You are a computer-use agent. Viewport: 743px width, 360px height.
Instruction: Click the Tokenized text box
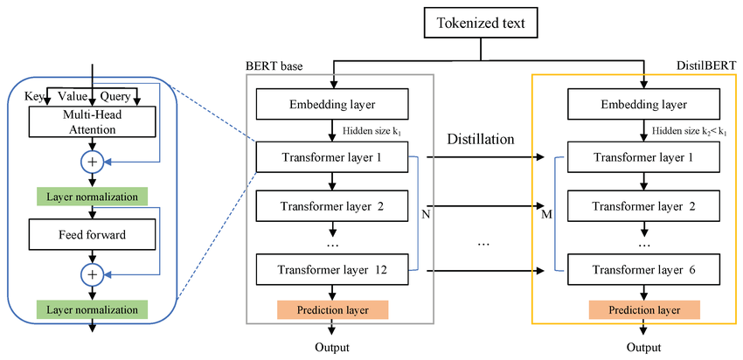(x=481, y=24)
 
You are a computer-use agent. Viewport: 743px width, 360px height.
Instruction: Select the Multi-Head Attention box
(x=93, y=121)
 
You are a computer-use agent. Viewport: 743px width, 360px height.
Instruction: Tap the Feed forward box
(x=93, y=234)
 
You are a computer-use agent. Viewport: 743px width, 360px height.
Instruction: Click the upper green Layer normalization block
(x=93, y=197)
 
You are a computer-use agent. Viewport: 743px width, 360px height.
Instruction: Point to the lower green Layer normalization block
(x=93, y=310)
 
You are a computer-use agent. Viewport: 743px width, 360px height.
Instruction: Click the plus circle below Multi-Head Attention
(x=93, y=163)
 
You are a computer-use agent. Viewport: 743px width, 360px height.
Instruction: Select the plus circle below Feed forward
(x=93, y=274)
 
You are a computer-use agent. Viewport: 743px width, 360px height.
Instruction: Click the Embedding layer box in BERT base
(x=332, y=105)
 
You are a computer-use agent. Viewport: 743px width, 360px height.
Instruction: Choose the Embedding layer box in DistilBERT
(x=643, y=105)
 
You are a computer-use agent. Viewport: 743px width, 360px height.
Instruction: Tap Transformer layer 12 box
(x=332, y=270)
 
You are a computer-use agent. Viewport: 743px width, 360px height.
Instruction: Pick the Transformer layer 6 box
(x=643, y=270)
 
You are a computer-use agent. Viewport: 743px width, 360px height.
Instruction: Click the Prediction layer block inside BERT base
(x=333, y=310)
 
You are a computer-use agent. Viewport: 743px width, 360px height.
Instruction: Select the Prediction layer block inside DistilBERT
(x=644, y=310)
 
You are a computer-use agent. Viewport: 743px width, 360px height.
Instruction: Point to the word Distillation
(x=481, y=139)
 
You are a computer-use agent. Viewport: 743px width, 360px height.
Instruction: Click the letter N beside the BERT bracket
(x=426, y=215)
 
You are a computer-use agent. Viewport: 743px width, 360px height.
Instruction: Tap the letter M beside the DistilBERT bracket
(x=547, y=215)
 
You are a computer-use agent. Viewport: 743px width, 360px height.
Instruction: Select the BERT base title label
(x=274, y=66)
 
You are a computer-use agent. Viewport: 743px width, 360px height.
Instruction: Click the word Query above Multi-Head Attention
(x=115, y=97)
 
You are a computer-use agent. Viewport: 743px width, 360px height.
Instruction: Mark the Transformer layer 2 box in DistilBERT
(x=643, y=206)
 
